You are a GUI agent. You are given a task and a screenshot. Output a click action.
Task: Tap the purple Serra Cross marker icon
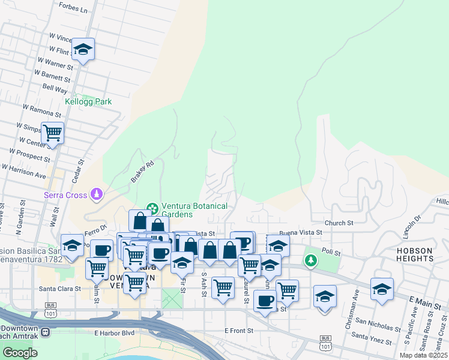[x=96, y=194]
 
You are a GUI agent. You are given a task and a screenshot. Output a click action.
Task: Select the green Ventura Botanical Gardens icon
[x=152, y=208]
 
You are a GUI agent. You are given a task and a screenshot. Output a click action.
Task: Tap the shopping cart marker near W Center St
[x=52, y=132]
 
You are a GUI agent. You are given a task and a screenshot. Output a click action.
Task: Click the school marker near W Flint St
[x=83, y=49]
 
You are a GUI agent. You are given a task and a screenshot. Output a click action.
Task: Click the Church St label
[x=339, y=223]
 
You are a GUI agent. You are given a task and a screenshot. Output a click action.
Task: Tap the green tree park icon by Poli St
[x=310, y=260]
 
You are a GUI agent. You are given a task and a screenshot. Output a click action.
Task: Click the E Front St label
[x=240, y=331]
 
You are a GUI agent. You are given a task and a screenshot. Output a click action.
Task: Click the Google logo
[x=20, y=353]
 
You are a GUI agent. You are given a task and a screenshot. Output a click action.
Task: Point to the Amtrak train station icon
[x=44, y=330]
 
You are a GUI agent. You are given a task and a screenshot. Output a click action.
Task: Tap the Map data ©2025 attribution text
[x=424, y=355]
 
